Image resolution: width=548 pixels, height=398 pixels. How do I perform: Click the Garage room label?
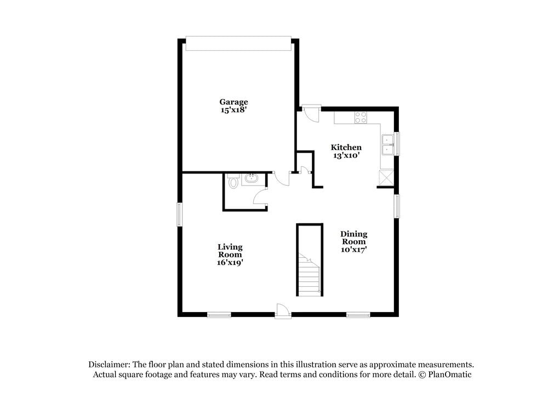(x=233, y=102)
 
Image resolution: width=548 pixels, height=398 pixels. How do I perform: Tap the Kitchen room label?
(x=346, y=147)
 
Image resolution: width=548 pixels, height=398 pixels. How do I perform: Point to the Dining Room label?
(x=353, y=238)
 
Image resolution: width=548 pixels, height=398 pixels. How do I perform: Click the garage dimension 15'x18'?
(x=233, y=109)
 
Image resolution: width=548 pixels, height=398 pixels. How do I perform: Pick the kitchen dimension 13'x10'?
(x=346, y=155)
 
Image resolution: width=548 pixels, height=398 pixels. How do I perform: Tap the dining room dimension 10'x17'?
(x=353, y=250)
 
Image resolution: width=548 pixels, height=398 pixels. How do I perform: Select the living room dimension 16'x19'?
(x=230, y=263)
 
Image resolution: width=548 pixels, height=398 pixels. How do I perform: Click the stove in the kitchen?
(x=361, y=117)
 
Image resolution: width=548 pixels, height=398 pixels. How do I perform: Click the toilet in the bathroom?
(x=233, y=181)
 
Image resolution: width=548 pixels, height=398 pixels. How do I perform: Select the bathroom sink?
(x=252, y=179)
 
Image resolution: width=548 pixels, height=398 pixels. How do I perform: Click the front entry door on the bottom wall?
(x=283, y=311)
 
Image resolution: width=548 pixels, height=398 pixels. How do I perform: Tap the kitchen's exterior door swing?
(x=311, y=114)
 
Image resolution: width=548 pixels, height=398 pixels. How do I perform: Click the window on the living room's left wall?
(x=179, y=215)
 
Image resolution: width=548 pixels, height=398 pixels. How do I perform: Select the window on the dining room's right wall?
(x=397, y=206)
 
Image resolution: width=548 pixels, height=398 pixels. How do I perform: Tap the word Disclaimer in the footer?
(x=107, y=365)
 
